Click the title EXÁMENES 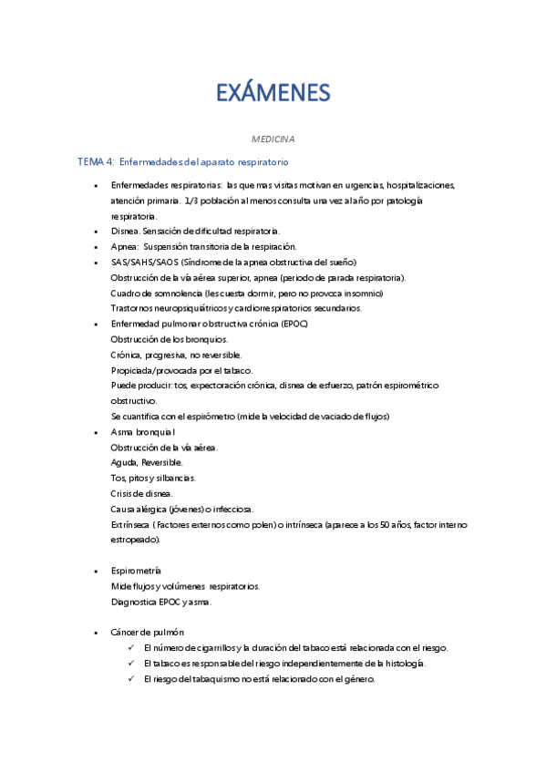273,93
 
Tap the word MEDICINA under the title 273,139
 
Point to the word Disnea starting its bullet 125,232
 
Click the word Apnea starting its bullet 125,247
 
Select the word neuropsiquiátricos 187,308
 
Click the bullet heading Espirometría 137,571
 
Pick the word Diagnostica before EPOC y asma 135,602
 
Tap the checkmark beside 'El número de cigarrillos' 133,648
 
